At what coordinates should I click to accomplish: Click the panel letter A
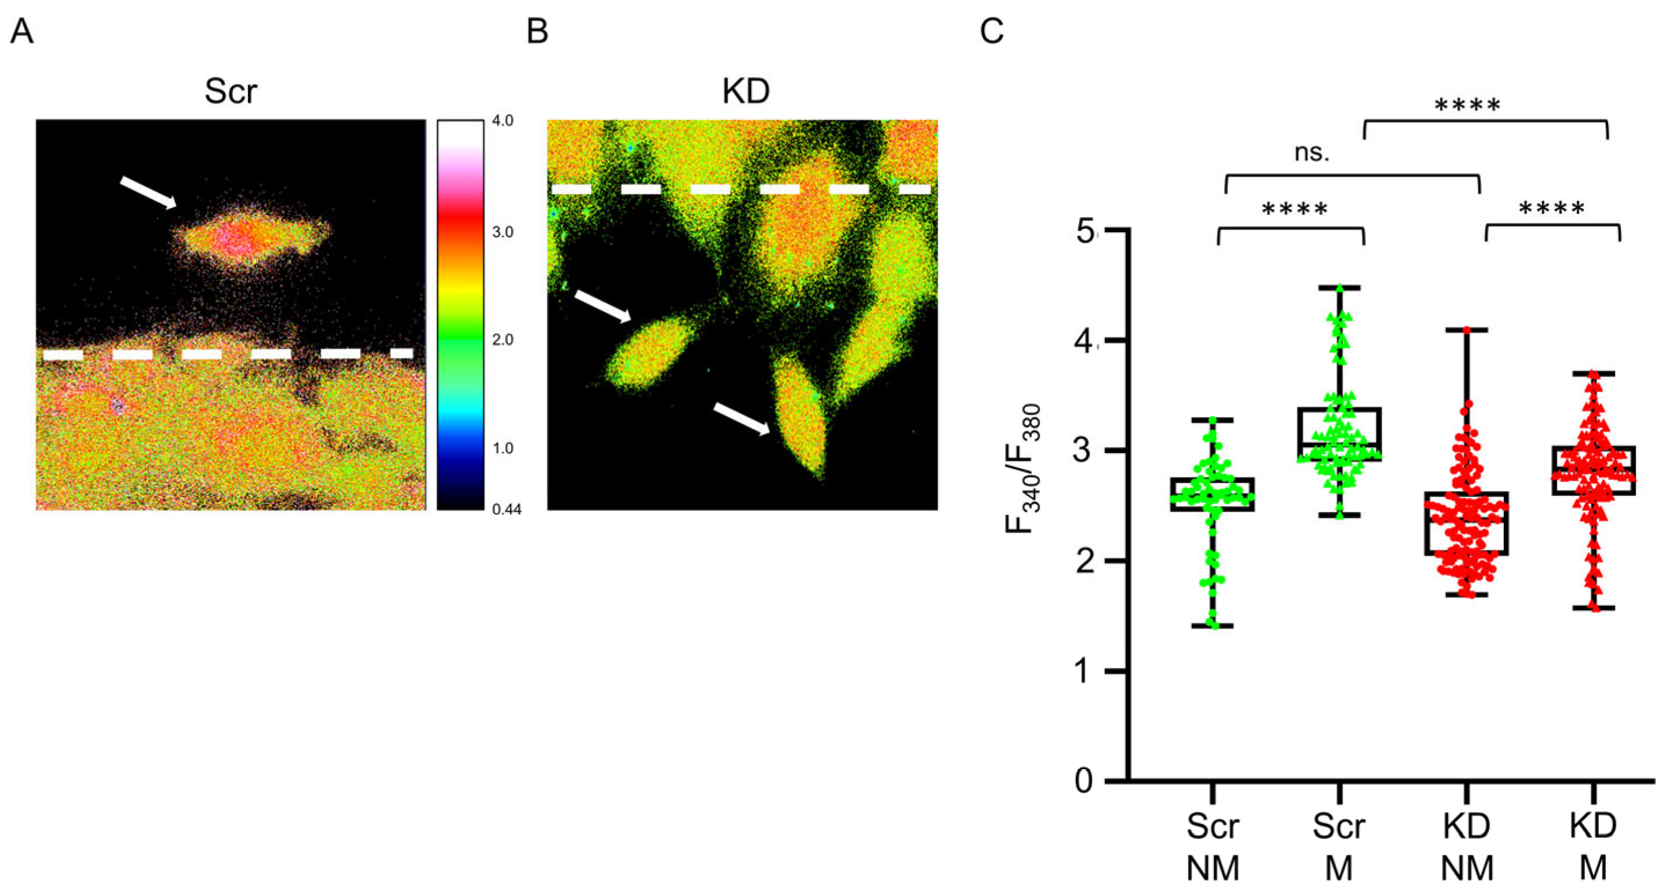pos(21,31)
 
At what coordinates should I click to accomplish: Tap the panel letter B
pos(537,31)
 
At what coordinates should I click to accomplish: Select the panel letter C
pos(991,31)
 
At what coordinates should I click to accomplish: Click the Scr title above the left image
pos(231,92)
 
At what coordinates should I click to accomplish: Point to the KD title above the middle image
pos(746,92)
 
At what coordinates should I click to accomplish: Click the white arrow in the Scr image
pos(148,193)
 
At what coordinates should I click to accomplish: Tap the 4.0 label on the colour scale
pos(502,122)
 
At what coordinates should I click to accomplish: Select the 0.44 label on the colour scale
pos(506,510)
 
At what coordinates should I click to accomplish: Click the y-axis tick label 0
pos(1084,780)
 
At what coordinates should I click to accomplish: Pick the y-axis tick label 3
pos(1084,451)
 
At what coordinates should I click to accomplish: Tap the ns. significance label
pos(1312,152)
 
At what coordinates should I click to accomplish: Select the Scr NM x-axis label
pos(1212,847)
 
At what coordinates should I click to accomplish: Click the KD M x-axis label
pos(1593,847)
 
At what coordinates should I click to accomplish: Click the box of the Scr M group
pos(1339,434)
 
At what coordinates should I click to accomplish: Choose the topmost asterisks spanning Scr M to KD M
pos(1467,106)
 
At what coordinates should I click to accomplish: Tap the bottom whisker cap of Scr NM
pos(1212,626)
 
